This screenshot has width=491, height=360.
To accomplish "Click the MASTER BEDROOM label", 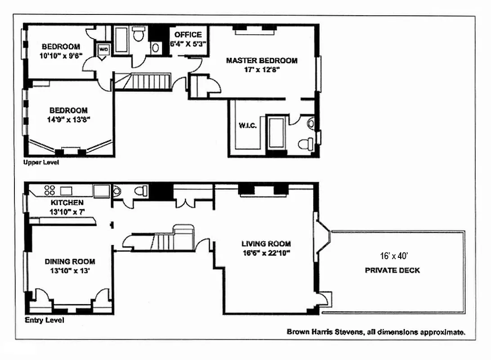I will (261, 60).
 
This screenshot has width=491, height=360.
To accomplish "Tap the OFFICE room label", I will (188, 35).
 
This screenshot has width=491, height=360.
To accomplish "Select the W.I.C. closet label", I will (248, 126).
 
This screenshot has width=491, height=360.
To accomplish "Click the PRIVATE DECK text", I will (393, 270).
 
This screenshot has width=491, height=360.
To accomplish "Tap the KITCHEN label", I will (67, 202).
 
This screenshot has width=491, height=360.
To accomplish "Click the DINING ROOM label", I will (70, 261).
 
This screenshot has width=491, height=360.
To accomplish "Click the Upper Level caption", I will (41, 162).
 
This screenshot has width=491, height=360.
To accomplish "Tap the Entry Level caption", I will (44, 320).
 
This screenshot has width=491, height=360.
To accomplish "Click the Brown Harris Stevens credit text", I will (375, 332).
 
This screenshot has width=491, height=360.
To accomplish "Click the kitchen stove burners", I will (49, 190).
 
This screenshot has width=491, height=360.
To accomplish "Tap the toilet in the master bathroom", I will (307, 144).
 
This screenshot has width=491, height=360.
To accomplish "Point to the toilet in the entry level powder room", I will (141, 191).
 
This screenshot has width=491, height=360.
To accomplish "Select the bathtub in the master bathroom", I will (275, 133).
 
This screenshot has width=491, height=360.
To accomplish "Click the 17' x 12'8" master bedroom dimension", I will (261, 69).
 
